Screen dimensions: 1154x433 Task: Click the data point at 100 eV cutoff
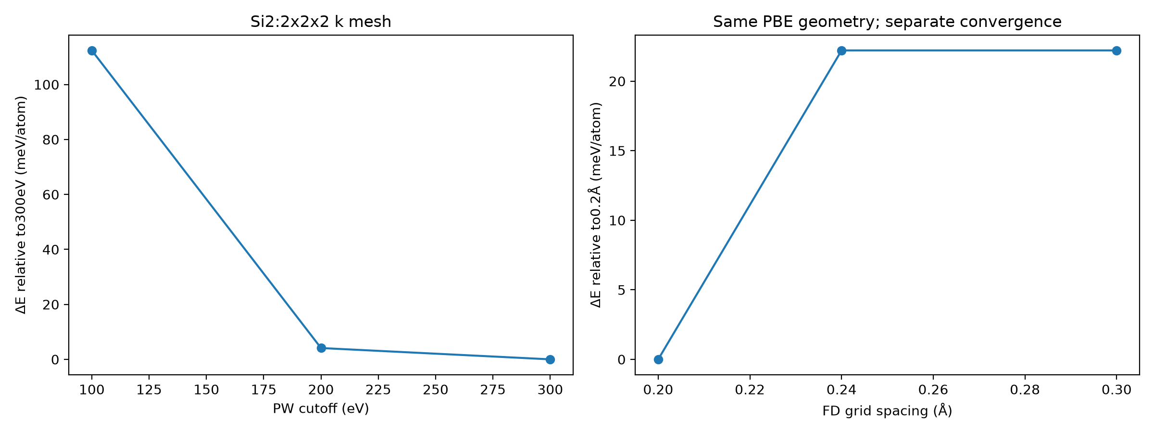click(92, 51)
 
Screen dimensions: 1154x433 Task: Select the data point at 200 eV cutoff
click(321, 348)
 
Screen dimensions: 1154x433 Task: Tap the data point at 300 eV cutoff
click(550, 359)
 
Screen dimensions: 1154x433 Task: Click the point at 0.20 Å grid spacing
click(658, 359)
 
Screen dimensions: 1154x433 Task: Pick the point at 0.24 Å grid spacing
click(841, 51)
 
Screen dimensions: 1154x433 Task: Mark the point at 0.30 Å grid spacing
click(1116, 51)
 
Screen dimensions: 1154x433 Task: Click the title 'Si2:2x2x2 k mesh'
click(321, 22)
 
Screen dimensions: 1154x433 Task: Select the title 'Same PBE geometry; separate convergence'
click(887, 22)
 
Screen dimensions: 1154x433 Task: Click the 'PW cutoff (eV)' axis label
click(321, 409)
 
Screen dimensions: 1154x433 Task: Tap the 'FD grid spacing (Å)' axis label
click(887, 410)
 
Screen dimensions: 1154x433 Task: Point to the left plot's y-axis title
click(21, 205)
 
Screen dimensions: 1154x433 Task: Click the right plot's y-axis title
click(596, 205)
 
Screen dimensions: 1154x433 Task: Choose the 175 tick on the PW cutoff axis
click(263, 390)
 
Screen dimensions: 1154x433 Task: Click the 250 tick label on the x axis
click(436, 390)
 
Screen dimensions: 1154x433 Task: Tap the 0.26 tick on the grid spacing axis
click(933, 390)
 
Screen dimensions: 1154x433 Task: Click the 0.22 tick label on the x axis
click(750, 390)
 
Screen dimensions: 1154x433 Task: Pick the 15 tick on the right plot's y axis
click(617, 151)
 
